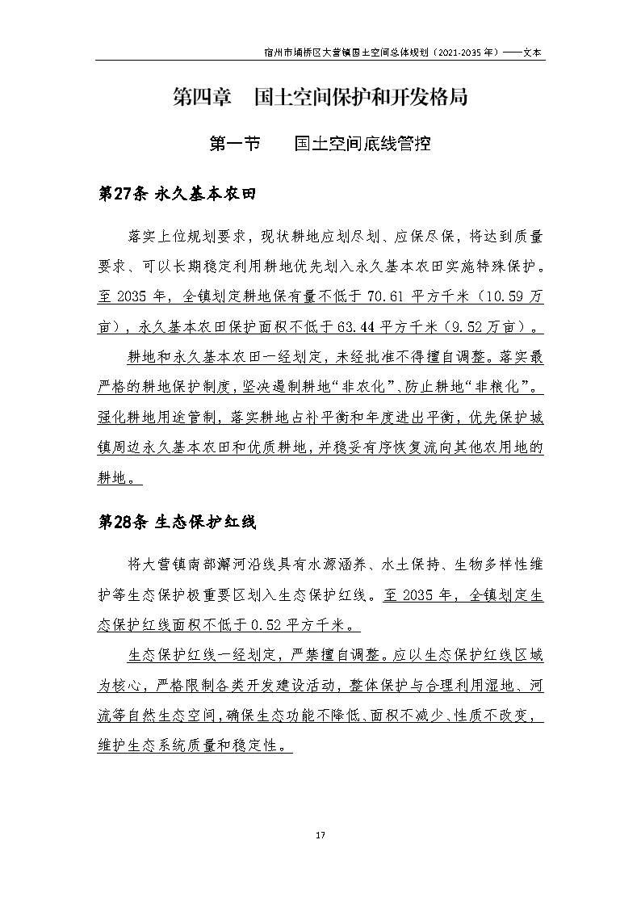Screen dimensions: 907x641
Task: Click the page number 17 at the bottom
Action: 320,834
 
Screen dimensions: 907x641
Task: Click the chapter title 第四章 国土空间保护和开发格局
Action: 320,98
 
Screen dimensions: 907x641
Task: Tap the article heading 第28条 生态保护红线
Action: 177,522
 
